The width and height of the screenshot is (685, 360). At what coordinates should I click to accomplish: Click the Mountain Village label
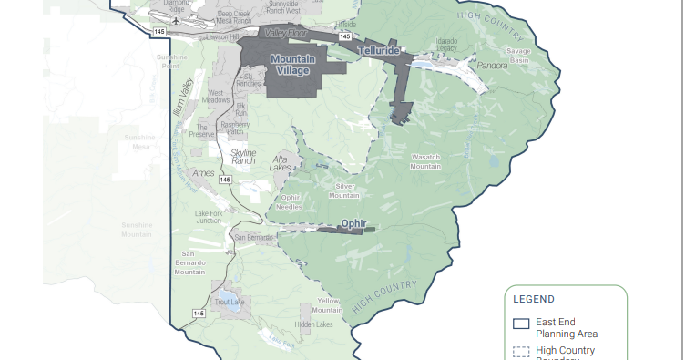tap(292, 65)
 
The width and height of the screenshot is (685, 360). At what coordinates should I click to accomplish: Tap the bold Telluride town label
tap(378, 51)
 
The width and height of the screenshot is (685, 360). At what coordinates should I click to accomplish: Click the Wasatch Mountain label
tap(426, 161)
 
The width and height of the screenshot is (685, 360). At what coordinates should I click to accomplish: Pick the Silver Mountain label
tap(343, 190)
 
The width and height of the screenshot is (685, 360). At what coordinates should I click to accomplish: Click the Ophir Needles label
tap(289, 202)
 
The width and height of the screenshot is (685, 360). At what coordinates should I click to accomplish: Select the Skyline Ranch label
tap(243, 156)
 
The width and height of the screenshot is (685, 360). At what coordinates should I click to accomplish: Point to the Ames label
tap(204, 172)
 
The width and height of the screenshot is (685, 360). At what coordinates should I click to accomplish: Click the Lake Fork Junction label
tap(209, 217)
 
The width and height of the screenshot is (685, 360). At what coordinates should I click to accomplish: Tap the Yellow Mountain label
tap(328, 304)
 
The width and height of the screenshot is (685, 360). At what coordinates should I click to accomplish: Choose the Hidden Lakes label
tap(314, 324)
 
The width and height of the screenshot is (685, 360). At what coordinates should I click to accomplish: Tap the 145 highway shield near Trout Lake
tap(199, 313)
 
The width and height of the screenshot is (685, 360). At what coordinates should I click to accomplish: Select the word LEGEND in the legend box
tap(534, 298)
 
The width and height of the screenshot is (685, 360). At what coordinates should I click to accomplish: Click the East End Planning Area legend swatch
tap(521, 323)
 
